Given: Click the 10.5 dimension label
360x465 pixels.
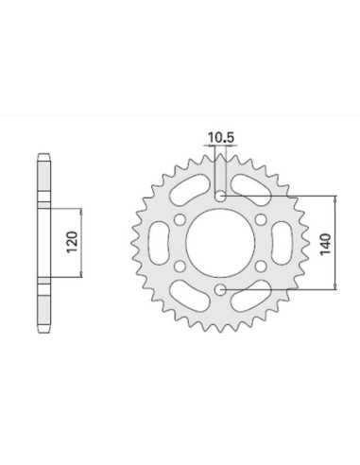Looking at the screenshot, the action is (x=220, y=138).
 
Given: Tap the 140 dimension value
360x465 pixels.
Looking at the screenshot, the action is (x=325, y=244).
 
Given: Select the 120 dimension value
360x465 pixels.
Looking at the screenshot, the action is (x=72, y=242).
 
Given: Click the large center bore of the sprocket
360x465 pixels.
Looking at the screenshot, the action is (x=220, y=242).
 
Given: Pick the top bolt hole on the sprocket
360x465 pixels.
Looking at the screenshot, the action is (x=220, y=197).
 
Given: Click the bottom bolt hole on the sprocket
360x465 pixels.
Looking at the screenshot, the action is (x=220, y=289).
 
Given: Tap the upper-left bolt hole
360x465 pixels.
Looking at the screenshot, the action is (x=180, y=219).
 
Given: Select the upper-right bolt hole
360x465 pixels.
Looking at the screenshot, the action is (x=261, y=219).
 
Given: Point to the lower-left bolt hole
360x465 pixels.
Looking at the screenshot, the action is (x=180, y=267).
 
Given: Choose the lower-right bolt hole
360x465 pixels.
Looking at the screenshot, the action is (x=261, y=267).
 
